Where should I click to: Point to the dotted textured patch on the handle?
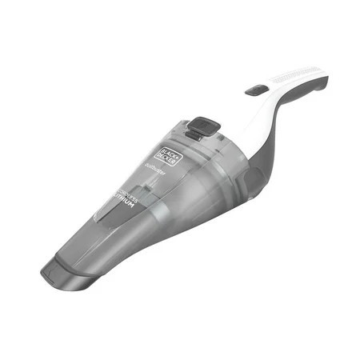tap(298, 77)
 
